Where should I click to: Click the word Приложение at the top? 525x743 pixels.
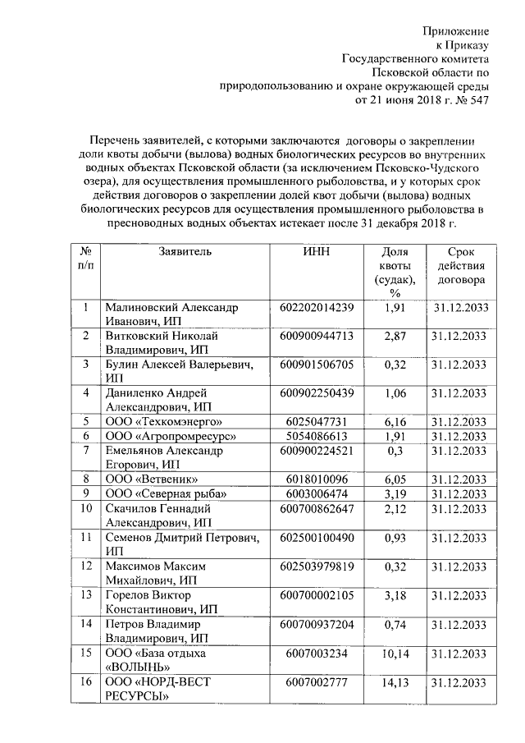coord(455,30)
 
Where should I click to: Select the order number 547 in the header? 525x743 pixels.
coord(479,101)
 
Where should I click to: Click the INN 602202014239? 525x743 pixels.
coord(316,308)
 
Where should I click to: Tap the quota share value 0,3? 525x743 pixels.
coord(395,450)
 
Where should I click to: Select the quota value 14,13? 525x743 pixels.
coord(395,683)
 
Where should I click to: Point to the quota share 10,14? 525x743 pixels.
coord(395,654)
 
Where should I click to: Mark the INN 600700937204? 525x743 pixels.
coord(316,624)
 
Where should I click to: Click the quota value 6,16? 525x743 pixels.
coord(395,420)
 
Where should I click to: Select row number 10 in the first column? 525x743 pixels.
coord(84,507)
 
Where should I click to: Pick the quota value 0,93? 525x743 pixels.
coord(395,537)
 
